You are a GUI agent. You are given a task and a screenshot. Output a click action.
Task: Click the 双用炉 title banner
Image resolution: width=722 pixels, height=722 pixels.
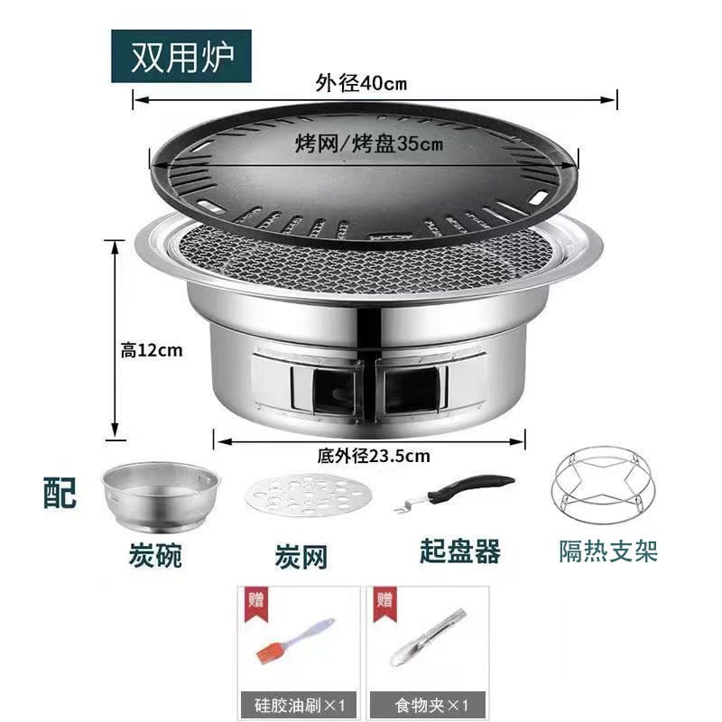tap(181, 56)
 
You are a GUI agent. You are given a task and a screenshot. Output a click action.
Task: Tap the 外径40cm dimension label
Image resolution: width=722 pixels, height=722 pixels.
tap(362, 83)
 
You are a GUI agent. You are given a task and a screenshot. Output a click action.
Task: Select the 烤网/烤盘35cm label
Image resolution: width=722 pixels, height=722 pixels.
tap(369, 143)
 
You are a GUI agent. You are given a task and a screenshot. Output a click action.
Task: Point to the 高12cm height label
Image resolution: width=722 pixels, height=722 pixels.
tap(152, 350)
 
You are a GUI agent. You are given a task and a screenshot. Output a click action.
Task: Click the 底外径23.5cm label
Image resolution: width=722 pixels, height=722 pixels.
tap(374, 456)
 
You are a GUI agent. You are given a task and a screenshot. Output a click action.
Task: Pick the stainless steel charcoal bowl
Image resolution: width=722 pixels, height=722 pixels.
tap(161, 497)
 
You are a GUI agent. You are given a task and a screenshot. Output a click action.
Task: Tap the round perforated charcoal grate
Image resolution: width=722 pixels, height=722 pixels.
tap(309, 495)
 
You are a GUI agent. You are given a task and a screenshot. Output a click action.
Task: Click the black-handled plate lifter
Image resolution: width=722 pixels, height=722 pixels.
tap(455, 492)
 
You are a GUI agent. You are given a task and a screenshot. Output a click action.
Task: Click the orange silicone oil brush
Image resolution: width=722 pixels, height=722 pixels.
tap(296, 641)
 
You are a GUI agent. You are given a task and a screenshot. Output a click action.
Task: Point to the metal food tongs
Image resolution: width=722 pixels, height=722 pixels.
tap(428, 638)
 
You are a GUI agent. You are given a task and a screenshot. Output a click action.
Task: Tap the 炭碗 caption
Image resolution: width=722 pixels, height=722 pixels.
tap(155, 555)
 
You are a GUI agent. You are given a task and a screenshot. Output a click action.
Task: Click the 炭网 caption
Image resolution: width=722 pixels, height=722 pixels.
tap(301, 557)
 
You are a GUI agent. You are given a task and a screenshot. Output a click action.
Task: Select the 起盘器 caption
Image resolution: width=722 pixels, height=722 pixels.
tap(460, 551)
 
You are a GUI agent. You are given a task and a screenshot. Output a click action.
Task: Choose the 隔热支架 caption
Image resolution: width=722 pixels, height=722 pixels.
tap(608, 551)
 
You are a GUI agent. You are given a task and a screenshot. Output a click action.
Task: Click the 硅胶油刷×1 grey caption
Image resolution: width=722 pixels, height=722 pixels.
tap(299, 706)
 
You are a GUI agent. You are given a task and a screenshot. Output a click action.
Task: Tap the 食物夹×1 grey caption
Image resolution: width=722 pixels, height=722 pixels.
tap(428, 706)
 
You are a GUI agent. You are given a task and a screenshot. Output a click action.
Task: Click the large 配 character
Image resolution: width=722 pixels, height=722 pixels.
tap(60, 493)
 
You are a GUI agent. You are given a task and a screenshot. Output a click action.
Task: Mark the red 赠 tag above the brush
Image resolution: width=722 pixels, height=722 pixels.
tap(256, 603)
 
